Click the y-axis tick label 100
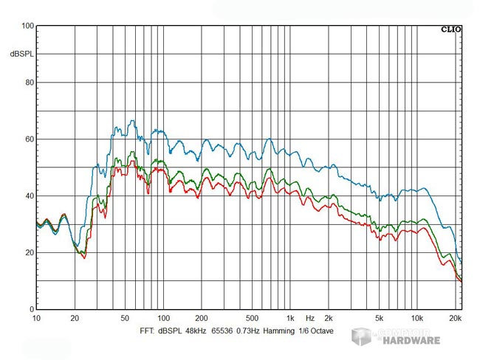(x=28, y=26)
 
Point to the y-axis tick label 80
(x=30, y=83)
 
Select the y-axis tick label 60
(x=30, y=139)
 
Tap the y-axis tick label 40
(x=30, y=196)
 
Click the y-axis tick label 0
(x=32, y=310)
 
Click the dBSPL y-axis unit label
(x=21, y=55)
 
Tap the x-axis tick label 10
(x=37, y=319)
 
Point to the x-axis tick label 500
(x=252, y=319)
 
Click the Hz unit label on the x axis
(x=310, y=319)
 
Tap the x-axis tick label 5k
(x=379, y=319)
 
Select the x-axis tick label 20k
(x=456, y=319)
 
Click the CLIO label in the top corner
(x=451, y=30)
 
